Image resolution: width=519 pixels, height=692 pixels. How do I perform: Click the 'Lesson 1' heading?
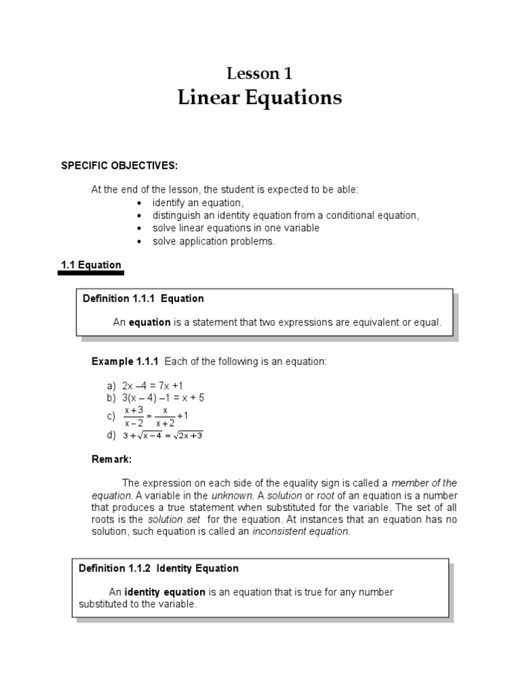point(259,74)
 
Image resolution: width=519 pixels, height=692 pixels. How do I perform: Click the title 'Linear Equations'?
point(259,98)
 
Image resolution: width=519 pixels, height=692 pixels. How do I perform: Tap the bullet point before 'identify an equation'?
point(139,203)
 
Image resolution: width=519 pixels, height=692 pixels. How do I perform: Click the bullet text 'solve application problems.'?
point(214,241)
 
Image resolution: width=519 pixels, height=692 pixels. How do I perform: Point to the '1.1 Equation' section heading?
point(91,265)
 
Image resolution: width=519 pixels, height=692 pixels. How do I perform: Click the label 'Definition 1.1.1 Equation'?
point(143,298)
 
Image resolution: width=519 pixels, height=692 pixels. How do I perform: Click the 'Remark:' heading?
point(112,460)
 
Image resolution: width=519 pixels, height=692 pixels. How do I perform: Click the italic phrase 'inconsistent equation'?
point(301,531)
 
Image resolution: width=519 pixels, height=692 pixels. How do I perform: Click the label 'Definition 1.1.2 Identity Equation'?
point(159,568)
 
